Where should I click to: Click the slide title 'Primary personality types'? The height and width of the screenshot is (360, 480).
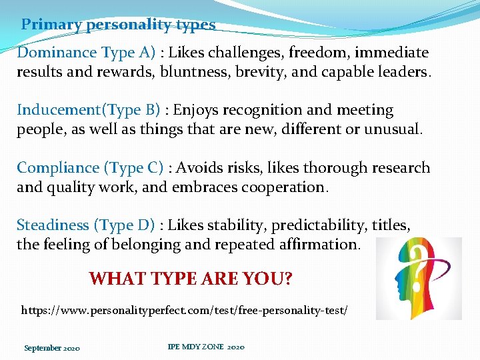(118, 25)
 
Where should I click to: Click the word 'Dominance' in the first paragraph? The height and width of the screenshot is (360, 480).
(57, 52)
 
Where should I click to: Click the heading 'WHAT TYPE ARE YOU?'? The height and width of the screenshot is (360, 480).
(191, 278)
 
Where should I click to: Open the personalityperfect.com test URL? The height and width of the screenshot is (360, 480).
(185, 310)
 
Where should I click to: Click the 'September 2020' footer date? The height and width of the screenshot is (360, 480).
(52, 348)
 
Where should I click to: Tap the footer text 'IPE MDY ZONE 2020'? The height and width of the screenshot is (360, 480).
(206, 347)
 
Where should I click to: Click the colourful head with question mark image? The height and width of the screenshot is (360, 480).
(419, 279)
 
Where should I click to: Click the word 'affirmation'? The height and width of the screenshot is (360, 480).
(318, 245)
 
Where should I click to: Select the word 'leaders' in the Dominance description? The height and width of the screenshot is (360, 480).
(401, 71)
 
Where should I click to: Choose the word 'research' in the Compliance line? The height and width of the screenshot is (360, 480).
(398, 168)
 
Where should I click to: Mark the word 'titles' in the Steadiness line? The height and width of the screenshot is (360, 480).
(391, 226)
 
